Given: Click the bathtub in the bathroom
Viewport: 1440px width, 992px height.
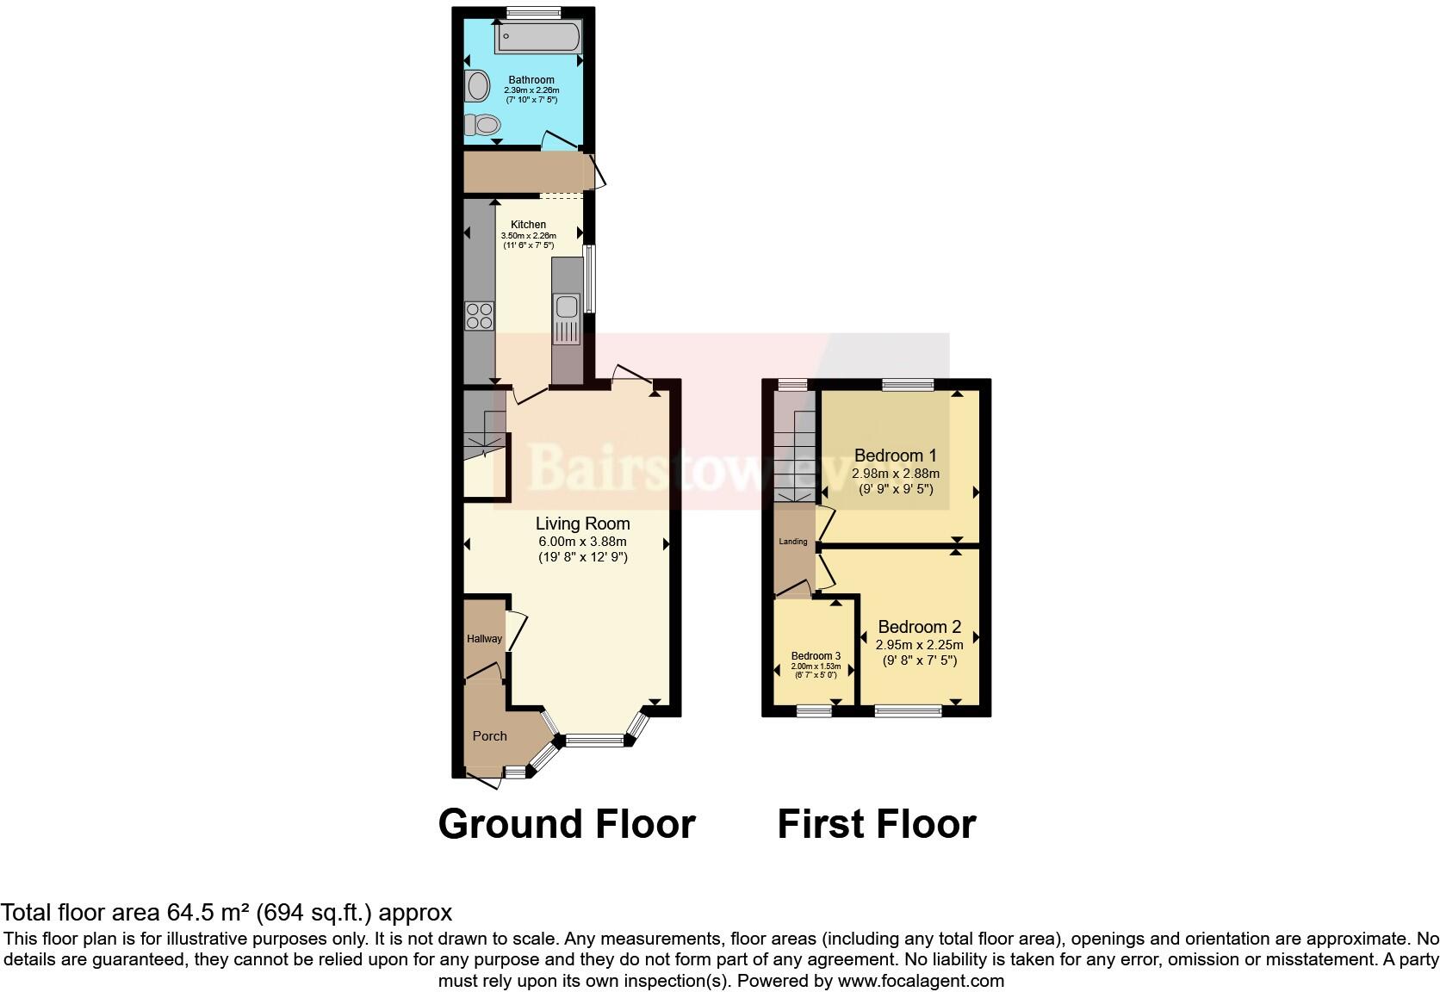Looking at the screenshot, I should (x=537, y=38).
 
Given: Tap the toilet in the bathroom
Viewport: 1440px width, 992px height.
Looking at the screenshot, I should (x=482, y=126).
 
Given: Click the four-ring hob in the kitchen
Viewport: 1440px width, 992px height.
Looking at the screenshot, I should (x=479, y=316).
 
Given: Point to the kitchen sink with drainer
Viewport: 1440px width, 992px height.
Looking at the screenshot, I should (x=567, y=318).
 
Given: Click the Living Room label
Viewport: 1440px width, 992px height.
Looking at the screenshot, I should (x=582, y=524).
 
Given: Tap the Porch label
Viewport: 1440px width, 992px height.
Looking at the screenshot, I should (x=489, y=736).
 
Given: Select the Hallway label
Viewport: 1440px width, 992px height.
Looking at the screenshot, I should (x=484, y=639).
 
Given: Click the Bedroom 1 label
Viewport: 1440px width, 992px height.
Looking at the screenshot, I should (x=895, y=456).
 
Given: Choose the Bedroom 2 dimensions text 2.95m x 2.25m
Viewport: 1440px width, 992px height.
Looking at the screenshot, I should (x=919, y=645).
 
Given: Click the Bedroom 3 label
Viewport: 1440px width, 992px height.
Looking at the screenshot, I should (x=815, y=656).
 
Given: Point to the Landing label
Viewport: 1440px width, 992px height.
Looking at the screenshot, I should (x=793, y=542).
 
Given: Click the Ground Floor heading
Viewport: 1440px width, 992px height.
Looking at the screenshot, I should (x=566, y=824).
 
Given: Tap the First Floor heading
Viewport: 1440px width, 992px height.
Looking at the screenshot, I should (x=876, y=824).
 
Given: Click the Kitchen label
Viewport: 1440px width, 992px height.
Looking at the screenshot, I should (x=528, y=225).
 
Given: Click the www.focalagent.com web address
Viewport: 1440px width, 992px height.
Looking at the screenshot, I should (x=921, y=980).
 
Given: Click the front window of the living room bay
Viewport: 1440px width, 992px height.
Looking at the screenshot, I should (x=595, y=740).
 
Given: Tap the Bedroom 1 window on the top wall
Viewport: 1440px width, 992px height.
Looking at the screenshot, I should (x=907, y=385).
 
